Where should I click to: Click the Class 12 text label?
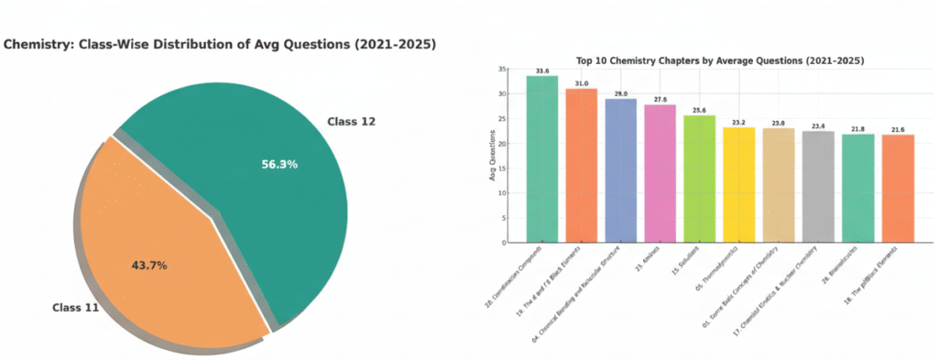coord(351,121)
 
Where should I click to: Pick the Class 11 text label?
coord(75,308)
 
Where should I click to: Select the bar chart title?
coord(719,60)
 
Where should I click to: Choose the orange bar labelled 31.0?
coord(581,165)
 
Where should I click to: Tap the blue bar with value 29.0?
coord(620,170)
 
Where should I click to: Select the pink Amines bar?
coord(660,173)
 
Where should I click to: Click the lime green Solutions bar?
coord(699,179)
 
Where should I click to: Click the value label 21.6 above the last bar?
coord(897,128)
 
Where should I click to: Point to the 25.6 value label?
coord(699,109)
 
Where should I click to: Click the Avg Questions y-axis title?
coord(493,156)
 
